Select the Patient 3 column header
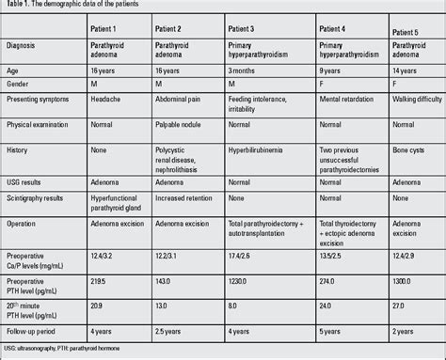point(249,30)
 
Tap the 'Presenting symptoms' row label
point(40,99)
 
